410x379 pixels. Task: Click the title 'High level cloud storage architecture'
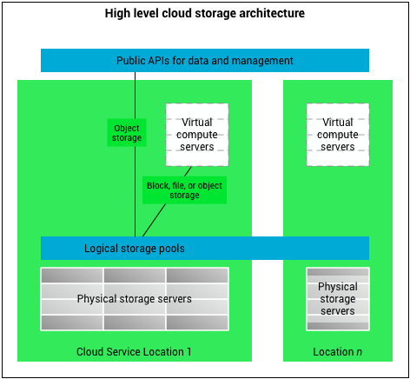click(205, 14)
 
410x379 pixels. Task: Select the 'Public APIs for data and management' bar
click(205, 60)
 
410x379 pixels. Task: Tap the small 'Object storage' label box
click(127, 131)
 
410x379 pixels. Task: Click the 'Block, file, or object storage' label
click(184, 190)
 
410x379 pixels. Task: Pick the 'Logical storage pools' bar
click(205, 248)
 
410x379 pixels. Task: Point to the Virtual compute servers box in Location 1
click(196, 135)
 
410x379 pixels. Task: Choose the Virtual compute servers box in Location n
click(338, 135)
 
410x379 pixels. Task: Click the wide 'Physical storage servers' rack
click(135, 299)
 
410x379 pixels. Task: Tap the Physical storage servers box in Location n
click(338, 299)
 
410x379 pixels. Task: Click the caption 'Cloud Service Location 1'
click(135, 351)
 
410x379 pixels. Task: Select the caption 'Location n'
click(338, 351)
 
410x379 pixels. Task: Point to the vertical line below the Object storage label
click(135, 191)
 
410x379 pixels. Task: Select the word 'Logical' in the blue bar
click(102, 248)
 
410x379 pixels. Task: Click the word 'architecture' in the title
click(274, 14)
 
